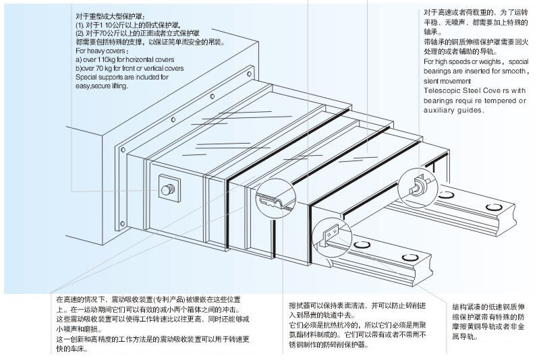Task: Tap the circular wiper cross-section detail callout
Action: click(x=276, y=198)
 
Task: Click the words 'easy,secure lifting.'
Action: click(x=101, y=86)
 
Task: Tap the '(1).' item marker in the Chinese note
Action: click(x=79, y=24)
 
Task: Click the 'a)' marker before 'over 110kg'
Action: click(x=78, y=59)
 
